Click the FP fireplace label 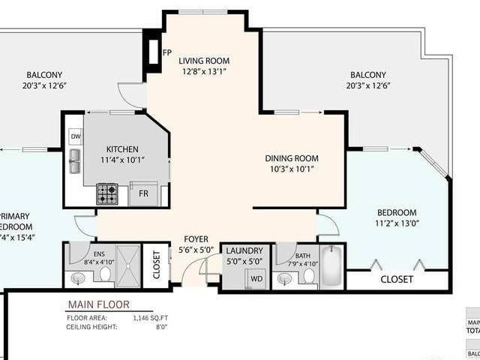pos(166,52)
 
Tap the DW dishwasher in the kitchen pos(75,136)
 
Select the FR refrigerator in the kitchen pos(143,193)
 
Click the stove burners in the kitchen pos(106,193)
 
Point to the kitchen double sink pos(75,161)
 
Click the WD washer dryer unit pos(256,279)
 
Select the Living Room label pos(205,61)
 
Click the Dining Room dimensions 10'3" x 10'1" pos(292,169)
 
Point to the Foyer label pos(196,239)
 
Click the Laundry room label pos(245,250)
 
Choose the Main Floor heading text pos(98,304)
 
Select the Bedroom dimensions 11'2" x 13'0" pos(397,223)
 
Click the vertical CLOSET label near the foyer pos(156,265)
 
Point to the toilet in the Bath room pos(308,276)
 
